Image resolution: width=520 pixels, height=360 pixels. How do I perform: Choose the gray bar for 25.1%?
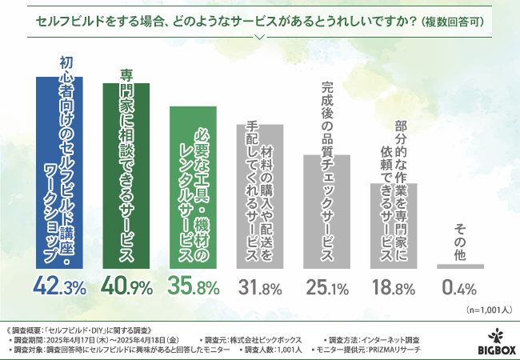point(326,211)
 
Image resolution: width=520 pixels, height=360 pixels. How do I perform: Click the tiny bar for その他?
point(460,266)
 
